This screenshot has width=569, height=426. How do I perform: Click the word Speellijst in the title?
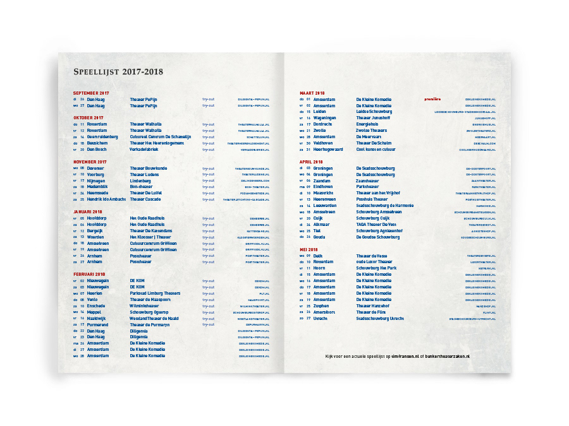pos(97,72)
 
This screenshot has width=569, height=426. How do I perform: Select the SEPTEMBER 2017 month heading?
pos(91,93)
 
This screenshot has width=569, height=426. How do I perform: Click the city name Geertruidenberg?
pos(102,136)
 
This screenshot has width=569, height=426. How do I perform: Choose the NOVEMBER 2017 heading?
pos(90,162)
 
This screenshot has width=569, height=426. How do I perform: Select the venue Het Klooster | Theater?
pos(150,237)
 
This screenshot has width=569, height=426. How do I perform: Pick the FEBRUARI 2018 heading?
pos(89,274)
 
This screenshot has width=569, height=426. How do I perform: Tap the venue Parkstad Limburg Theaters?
pos(155,293)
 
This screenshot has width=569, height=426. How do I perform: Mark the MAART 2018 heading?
pos(312,93)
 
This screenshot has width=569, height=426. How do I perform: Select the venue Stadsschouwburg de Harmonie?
pos(384,206)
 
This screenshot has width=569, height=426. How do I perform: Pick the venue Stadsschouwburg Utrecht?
pos(380,318)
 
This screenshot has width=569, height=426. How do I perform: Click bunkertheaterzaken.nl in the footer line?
pos(451,356)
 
